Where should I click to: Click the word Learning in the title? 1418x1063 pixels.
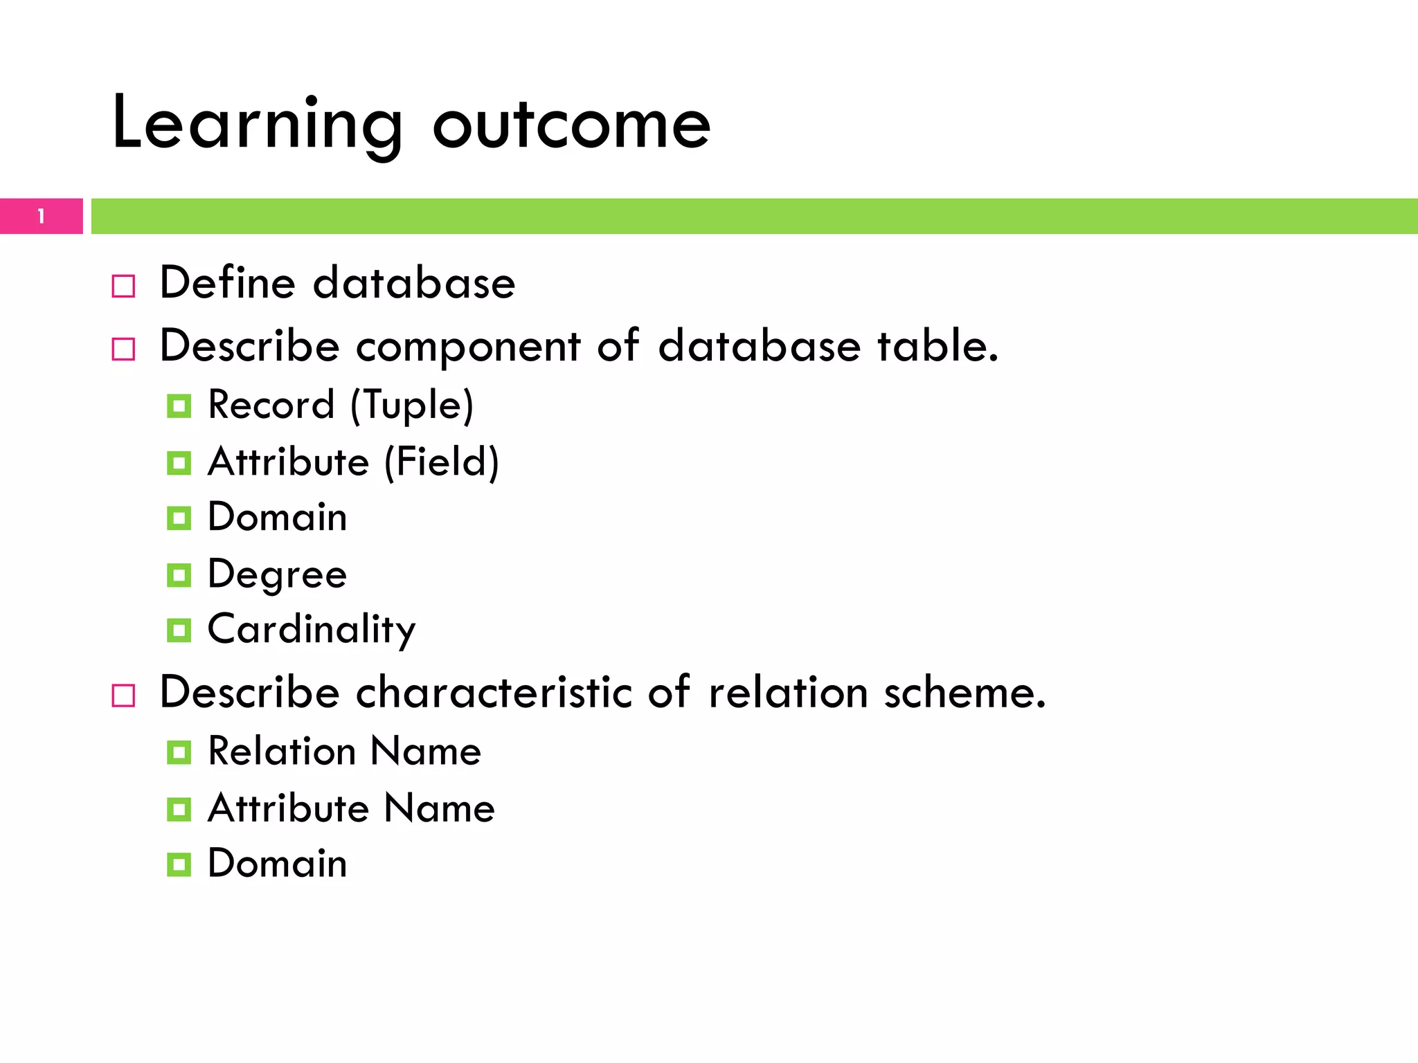click(256, 125)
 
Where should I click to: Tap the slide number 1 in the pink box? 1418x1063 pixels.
click(41, 217)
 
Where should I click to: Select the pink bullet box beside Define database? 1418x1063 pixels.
click(123, 286)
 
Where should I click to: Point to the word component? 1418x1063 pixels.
click(467, 346)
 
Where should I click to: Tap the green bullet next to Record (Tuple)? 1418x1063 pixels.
click(179, 406)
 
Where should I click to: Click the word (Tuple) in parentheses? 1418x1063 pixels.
click(412, 405)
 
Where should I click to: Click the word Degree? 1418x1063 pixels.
click(277, 574)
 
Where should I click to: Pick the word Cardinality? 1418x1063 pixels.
click(312, 630)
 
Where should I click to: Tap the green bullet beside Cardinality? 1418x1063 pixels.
click(179, 630)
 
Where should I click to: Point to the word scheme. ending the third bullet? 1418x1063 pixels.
click(964, 692)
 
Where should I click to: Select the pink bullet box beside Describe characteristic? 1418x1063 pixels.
click(123, 695)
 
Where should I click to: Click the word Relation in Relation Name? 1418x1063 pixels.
click(282, 751)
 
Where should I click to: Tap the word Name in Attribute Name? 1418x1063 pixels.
click(439, 808)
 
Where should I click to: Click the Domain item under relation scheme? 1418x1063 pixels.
click(277, 864)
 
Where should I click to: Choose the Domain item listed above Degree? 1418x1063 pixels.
click(277, 517)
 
